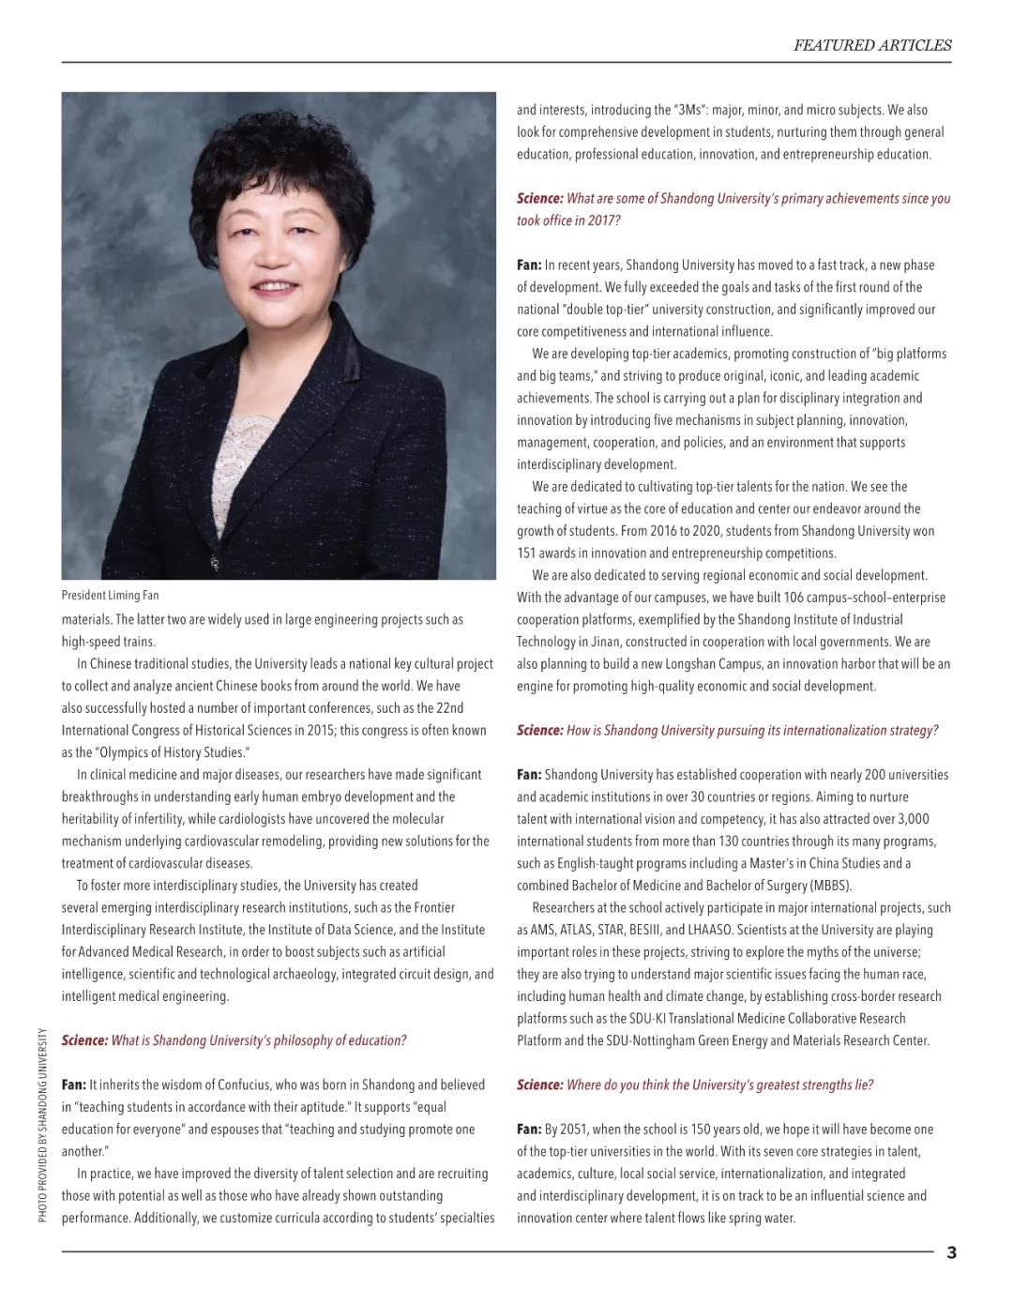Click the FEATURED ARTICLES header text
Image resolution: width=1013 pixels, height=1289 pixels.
871,45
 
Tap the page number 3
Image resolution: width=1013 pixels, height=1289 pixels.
951,1252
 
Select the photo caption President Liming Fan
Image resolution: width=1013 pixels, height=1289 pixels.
110,595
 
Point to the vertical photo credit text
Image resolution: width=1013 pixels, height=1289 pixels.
42,1125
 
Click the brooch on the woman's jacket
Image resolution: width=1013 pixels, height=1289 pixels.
215,562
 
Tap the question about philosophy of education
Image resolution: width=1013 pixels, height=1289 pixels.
234,1040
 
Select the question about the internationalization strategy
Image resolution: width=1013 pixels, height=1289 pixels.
727,730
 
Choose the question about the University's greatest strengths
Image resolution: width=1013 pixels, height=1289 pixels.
695,1084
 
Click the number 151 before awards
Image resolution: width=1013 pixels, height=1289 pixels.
526,553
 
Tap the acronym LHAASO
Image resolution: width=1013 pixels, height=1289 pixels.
711,930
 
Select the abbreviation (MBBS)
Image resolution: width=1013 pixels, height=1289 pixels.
831,885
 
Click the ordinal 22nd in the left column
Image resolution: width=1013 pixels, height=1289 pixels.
449,707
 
